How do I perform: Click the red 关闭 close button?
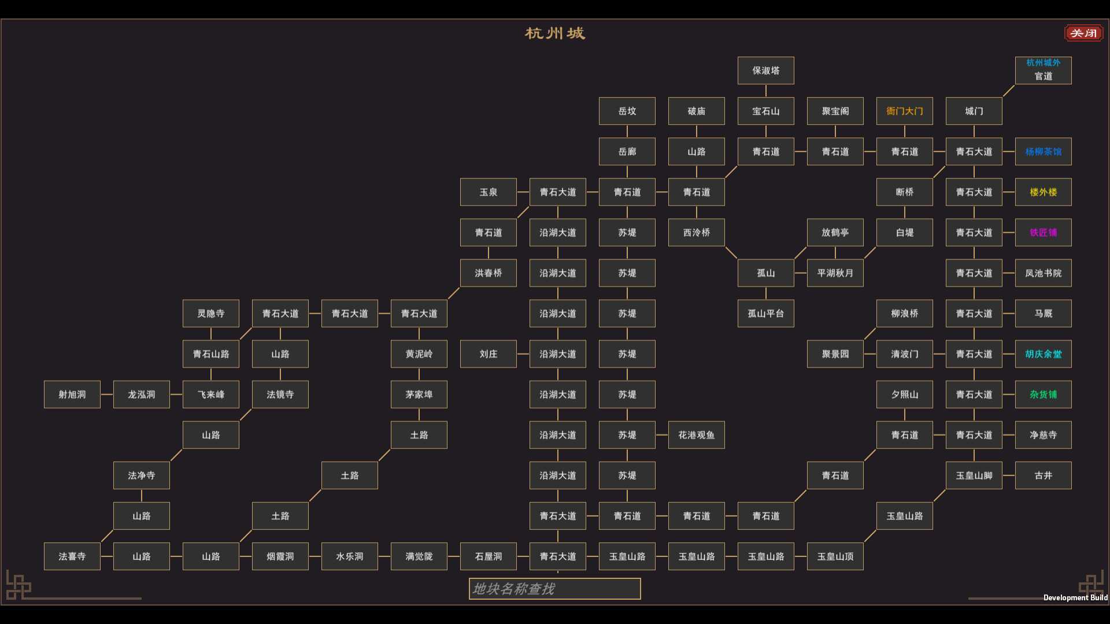(1083, 33)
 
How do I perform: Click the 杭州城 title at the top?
(555, 34)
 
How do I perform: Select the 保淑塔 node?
(766, 70)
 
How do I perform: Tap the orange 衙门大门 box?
(905, 111)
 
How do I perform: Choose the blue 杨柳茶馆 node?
(1044, 151)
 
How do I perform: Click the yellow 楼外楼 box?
(1044, 192)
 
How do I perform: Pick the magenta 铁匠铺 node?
(1044, 232)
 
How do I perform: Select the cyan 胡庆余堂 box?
(1044, 354)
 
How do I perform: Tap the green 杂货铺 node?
(1044, 394)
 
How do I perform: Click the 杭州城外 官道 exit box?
(1044, 70)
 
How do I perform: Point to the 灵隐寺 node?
(211, 313)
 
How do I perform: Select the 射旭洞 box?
(72, 394)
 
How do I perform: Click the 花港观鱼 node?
(697, 434)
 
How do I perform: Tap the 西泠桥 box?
(697, 232)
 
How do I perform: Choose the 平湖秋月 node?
(835, 273)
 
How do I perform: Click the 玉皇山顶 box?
(835, 556)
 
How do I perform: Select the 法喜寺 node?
(72, 556)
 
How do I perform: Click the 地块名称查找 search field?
(555, 589)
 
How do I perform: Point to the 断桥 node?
(905, 192)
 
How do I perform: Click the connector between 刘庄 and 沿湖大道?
(523, 354)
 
